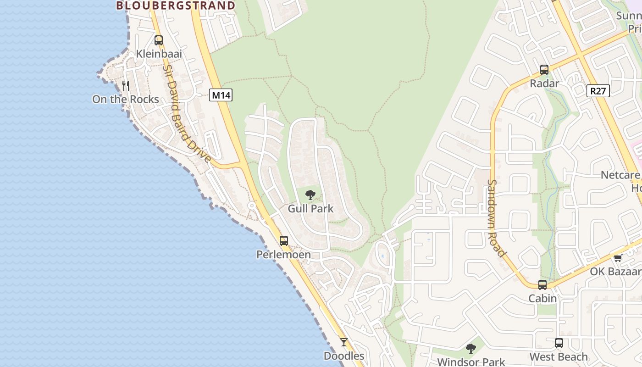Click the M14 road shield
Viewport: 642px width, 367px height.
pos(221,95)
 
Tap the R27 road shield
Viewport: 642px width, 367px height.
pos(598,91)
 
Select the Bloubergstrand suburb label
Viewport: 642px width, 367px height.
pos(176,6)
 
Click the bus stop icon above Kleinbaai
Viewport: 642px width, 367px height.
pos(159,40)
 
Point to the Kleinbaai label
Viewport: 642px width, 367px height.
pos(159,54)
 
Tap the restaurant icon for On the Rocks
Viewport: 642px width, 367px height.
pos(125,85)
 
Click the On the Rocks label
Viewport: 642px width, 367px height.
pos(125,99)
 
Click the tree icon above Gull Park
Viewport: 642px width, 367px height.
pos(310,195)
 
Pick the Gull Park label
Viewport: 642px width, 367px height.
pos(310,209)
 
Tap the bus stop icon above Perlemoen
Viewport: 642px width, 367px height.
pos(284,240)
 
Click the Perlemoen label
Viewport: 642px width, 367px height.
pos(283,254)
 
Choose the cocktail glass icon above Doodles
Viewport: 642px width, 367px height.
pos(344,342)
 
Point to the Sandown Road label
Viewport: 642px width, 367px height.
pos(496,218)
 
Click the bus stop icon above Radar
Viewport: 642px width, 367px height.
pos(544,70)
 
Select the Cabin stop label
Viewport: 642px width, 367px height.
pos(542,299)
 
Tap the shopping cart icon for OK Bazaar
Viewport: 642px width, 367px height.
pos(618,258)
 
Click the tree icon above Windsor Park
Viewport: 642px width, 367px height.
pos(471,349)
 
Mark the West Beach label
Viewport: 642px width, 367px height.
pos(559,357)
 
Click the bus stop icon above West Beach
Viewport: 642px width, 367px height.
pos(559,343)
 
